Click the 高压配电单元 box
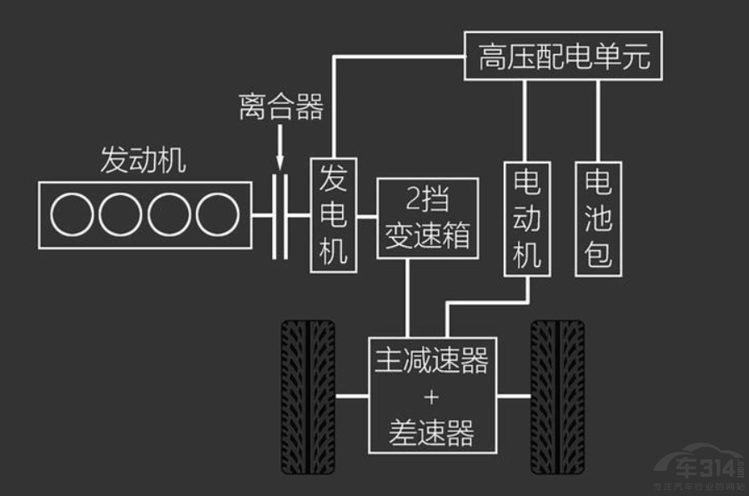point(563,57)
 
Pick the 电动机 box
point(526,218)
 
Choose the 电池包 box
point(597,218)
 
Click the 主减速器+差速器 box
point(431,395)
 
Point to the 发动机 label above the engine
point(143,160)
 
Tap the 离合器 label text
point(280,107)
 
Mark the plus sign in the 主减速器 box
point(431,396)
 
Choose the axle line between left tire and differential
point(352,395)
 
